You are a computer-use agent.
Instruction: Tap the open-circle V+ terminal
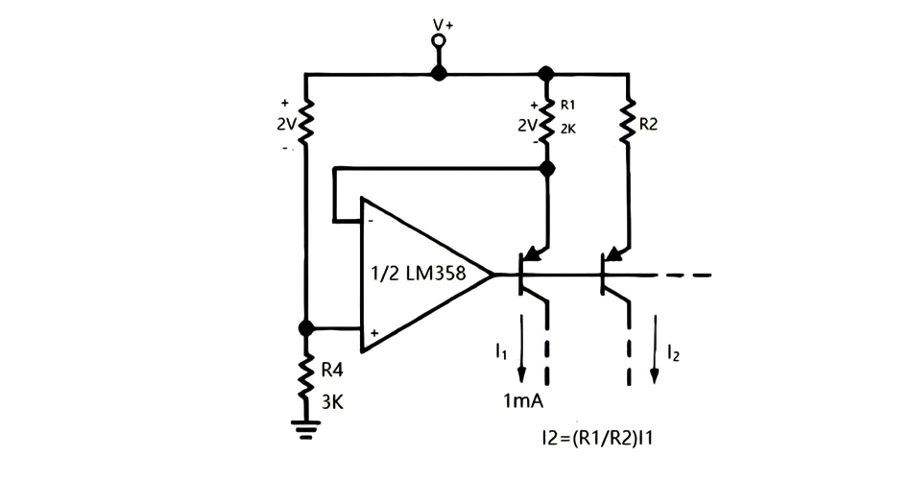pos(439,41)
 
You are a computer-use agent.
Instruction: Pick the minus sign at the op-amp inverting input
pos(372,220)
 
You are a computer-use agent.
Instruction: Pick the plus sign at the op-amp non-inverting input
pos(372,334)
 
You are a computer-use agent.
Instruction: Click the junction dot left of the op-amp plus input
pos(305,328)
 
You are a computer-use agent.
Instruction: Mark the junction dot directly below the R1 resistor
pos(547,169)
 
